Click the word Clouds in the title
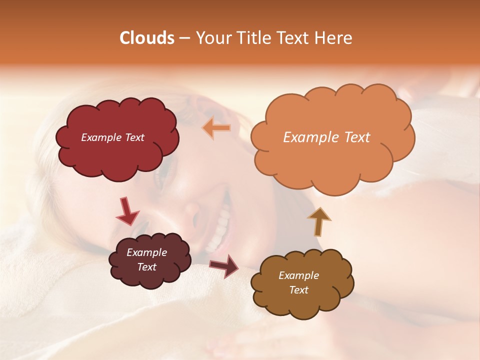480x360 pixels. coord(147,38)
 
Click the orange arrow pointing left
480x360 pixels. coord(216,128)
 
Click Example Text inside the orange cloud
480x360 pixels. coord(326,137)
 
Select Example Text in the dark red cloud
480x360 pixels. coord(112,137)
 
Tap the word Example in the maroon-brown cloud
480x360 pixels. coord(146,252)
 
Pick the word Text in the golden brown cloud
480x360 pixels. coord(298,290)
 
